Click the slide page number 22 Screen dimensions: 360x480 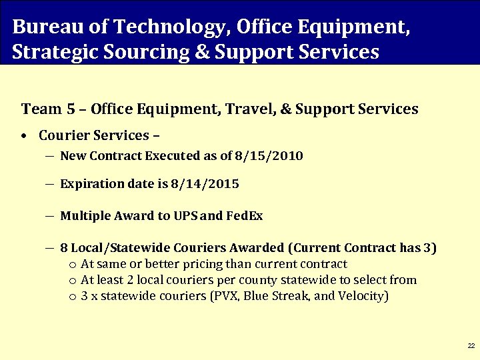(x=471, y=346)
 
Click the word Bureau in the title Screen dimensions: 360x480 (x=43, y=27)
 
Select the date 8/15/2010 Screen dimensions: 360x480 (x=269, y=156)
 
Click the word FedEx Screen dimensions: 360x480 (x=245, y=216)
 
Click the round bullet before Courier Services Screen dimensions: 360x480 (x=23, y=136)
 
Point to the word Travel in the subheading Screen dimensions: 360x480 (x=252, y=109)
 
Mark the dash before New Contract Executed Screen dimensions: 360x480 (x=51, y=156)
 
